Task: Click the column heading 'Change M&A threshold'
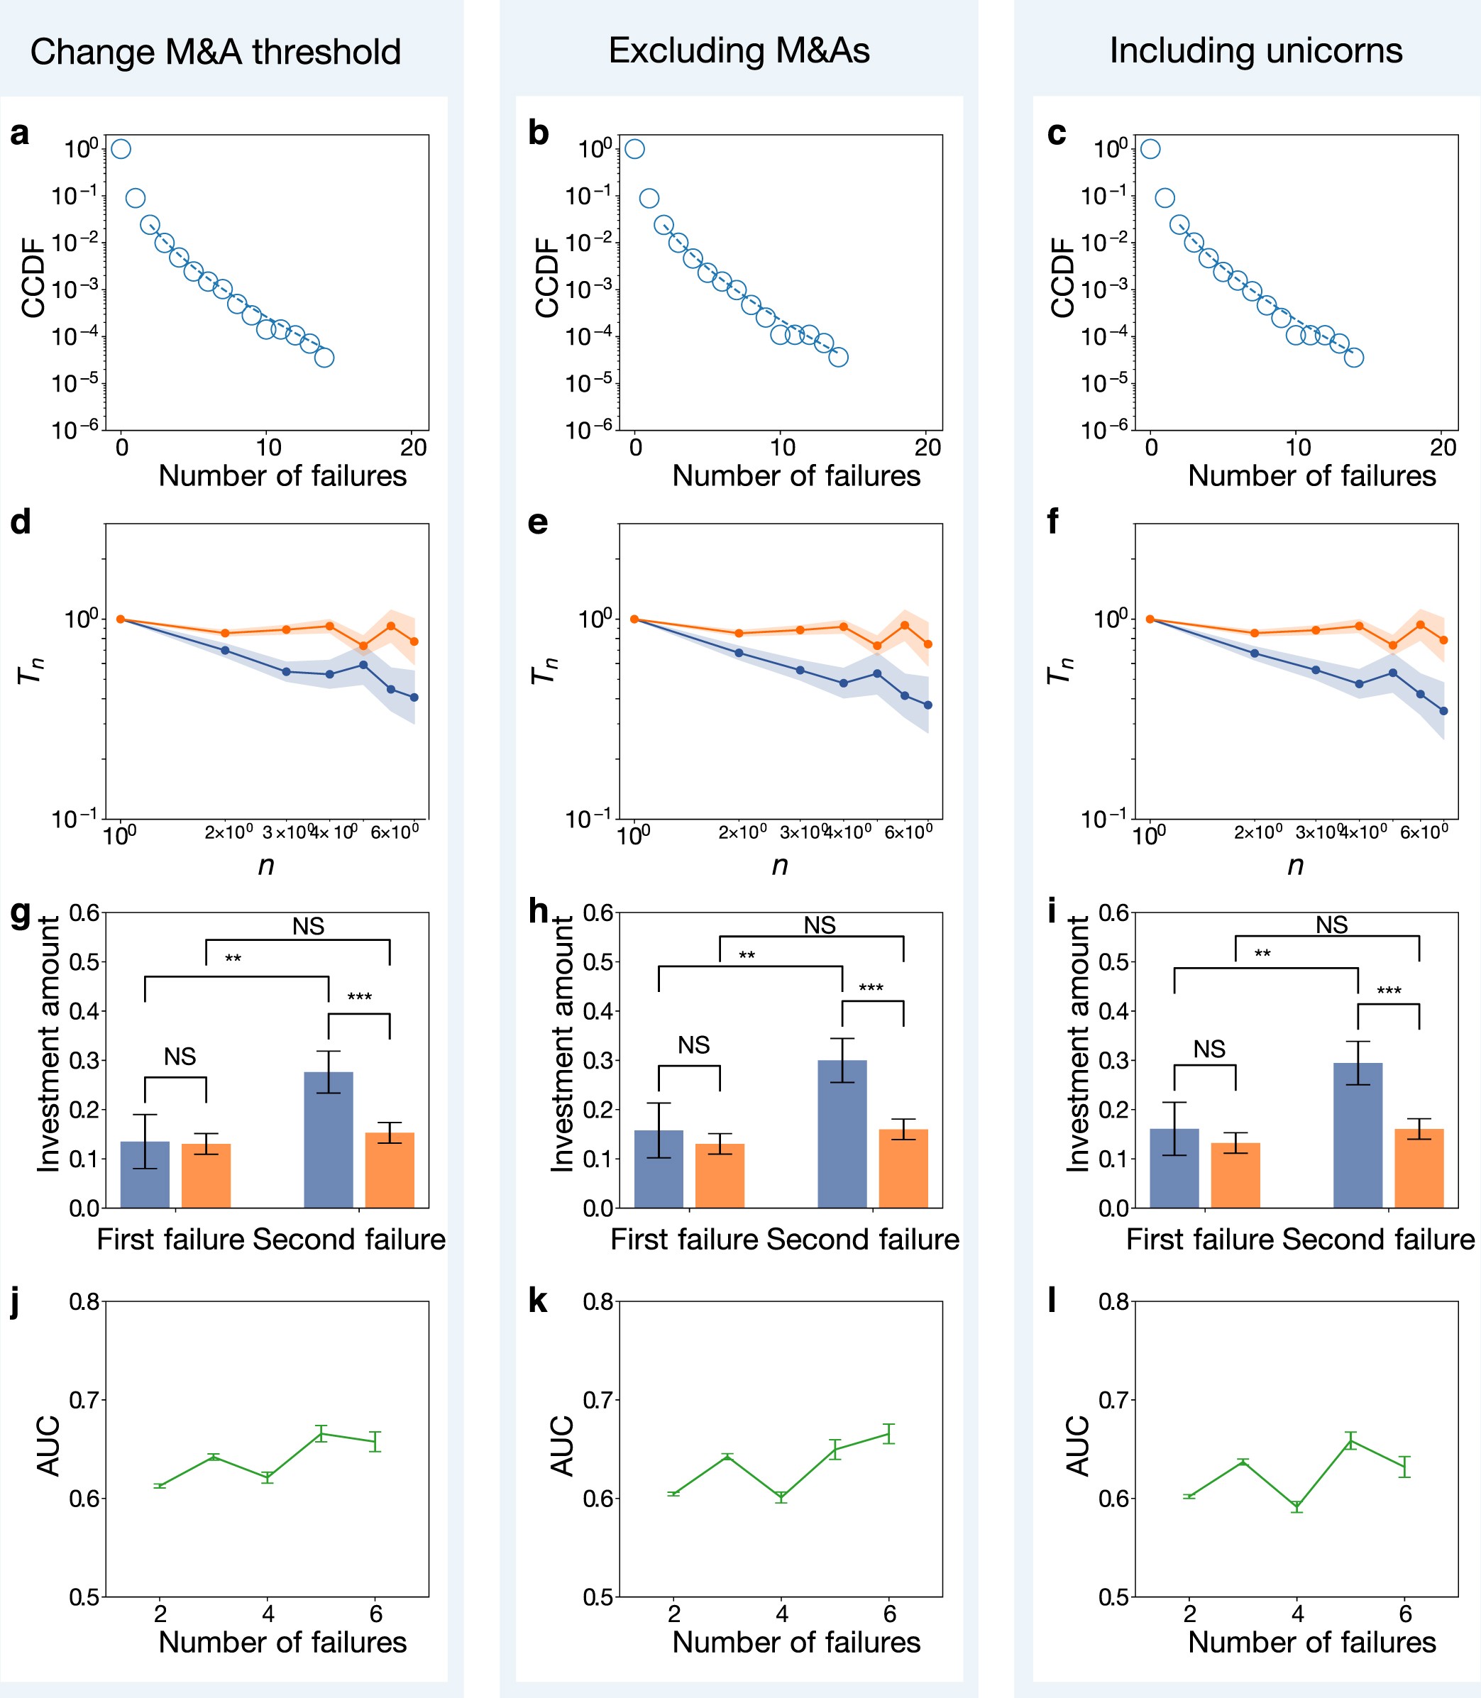pyautogui.click(x=216, y=52)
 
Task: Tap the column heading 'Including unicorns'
pyautogui.click(x=1255, y=51)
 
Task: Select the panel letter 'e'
pyautogui.click(x=537, y=522)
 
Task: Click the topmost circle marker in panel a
pyautogui.click(x=121, y=149)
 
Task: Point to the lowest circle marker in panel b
pyautogui.click(x=839, y=357)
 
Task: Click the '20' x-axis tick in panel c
pyautogui.click(x=1443, y=448)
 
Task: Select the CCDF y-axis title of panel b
pyautogui.click(x=547, y=277)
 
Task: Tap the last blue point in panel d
pyautogui.click(x=414, y=698)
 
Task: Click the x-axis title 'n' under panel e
pyautogui.click(x=779, y=865)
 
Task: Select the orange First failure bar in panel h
pyautogui.click(x=720, y=1175)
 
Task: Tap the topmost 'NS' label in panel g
pyautogui.click(x=308, y=926)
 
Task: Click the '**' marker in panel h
pyautogui.click(x=747, y=956)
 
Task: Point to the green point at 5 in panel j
pyautogui.click(x=321, y=1433)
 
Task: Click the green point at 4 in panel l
pyautogui.click(x=1296, y=1506)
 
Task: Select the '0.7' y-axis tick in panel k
pyautogui.click(x=598, y=1400)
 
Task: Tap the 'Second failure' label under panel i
pyautogui.click(x=1377, y=1240)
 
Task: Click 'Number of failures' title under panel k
pyautogui.click(x=796, y=1642)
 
